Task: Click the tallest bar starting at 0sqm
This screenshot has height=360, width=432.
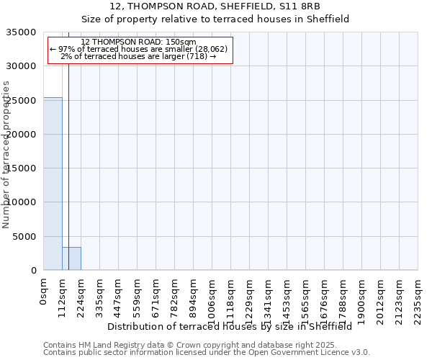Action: [x=53, y=184]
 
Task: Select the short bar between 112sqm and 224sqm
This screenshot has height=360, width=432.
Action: [x=71, y=258]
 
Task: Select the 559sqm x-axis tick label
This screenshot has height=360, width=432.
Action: [x=138, y=296]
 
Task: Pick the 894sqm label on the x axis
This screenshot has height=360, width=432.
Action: [x=194, y=296]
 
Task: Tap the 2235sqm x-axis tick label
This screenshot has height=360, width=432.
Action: [x=418, y=299]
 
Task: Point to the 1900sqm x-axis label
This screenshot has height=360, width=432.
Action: [x=362, y=299]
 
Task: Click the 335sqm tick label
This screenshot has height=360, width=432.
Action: [x=100, y=296]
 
